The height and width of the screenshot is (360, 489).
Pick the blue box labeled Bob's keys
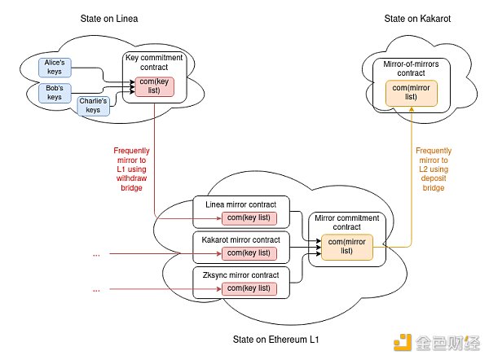pyautogui.click(x=55, y=92)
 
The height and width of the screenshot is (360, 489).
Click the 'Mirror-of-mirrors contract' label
pyautogui.click(x=412, y=67)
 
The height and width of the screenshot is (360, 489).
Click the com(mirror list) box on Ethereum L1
pyautogui.click(x=347, y=246)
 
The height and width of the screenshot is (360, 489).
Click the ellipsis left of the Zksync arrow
pyautogui.click(x=97, y=289)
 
